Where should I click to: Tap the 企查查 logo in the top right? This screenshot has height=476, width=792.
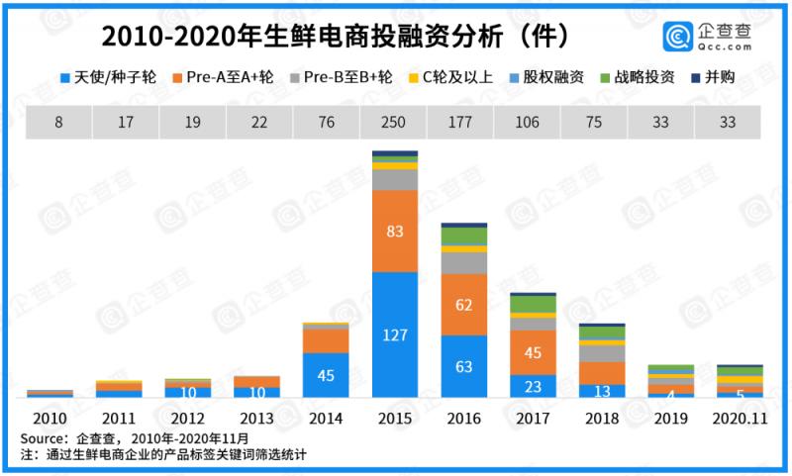click(707, 36)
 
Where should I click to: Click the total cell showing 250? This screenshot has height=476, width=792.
click(394, 123)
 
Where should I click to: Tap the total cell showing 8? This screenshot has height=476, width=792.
click(58, 123)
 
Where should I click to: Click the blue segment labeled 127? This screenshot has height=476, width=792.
click(394, 334)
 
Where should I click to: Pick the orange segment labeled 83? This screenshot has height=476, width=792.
click(394, 231)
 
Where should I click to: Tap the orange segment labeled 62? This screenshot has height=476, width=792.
click(462, 305)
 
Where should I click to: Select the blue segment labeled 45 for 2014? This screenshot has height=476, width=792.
click(325, 374)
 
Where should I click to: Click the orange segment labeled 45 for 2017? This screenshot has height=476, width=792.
click(532, 352)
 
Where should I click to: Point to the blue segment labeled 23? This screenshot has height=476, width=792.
click(532, 386)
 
